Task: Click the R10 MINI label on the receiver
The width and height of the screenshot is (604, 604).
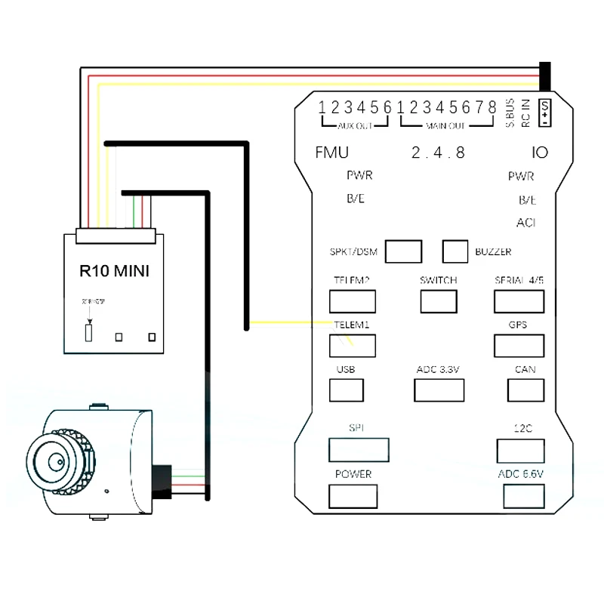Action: click(x=114, y=270)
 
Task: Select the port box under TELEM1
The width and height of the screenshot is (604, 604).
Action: click(x=352, y=345)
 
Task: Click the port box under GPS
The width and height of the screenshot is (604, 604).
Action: click(x=519, y=345)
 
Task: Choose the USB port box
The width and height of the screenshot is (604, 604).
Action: click(x=346, y=390)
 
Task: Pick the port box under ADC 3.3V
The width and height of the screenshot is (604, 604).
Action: click(x=439, y=390)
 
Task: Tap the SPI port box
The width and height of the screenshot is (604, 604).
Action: click(x=359, y=449)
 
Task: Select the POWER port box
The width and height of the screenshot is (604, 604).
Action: click(x=353, y=496)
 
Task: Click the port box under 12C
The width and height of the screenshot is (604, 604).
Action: click(x=520, y=450)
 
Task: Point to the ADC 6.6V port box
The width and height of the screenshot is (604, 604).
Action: click(x=523, y=495)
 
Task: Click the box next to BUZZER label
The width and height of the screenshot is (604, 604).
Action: click(x=455, y=251)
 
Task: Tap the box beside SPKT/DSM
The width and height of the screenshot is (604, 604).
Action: click(x=403, y=251)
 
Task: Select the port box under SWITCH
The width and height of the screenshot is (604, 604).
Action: click(x=439, y=301)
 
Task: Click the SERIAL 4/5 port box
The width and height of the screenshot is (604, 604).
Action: click(x=519, y=301)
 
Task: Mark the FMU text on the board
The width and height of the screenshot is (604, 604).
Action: click(x=331, y=153)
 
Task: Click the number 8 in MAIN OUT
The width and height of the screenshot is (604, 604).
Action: click(x=492, y=106)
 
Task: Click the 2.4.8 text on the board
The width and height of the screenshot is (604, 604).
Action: click(x=438, y=153)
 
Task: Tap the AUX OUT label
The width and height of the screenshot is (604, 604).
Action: click(x=355, y=125)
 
